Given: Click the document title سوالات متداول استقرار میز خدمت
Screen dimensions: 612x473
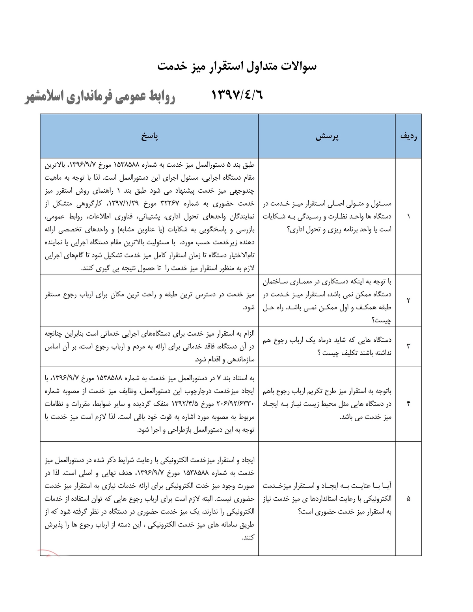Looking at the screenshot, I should tap(237, 66).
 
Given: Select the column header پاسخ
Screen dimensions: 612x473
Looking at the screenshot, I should tap(149, 136).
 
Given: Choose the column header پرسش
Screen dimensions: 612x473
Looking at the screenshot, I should tap(327, 136).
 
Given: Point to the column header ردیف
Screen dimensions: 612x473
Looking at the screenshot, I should tap(408, 136).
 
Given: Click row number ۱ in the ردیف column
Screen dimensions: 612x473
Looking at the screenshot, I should tap(408, 217).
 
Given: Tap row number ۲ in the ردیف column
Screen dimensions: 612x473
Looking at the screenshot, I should tap(408, 300).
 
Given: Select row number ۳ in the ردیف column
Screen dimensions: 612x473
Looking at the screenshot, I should tap(408, 346).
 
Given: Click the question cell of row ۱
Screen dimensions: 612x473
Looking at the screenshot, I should tap(327, 217).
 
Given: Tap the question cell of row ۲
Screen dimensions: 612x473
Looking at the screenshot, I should tap(327, 300).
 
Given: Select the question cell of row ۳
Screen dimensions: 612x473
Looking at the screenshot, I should tap(327, 346).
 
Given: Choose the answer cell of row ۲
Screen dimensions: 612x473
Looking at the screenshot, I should tap(149, 300).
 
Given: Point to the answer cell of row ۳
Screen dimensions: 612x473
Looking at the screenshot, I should tap(149, 346).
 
